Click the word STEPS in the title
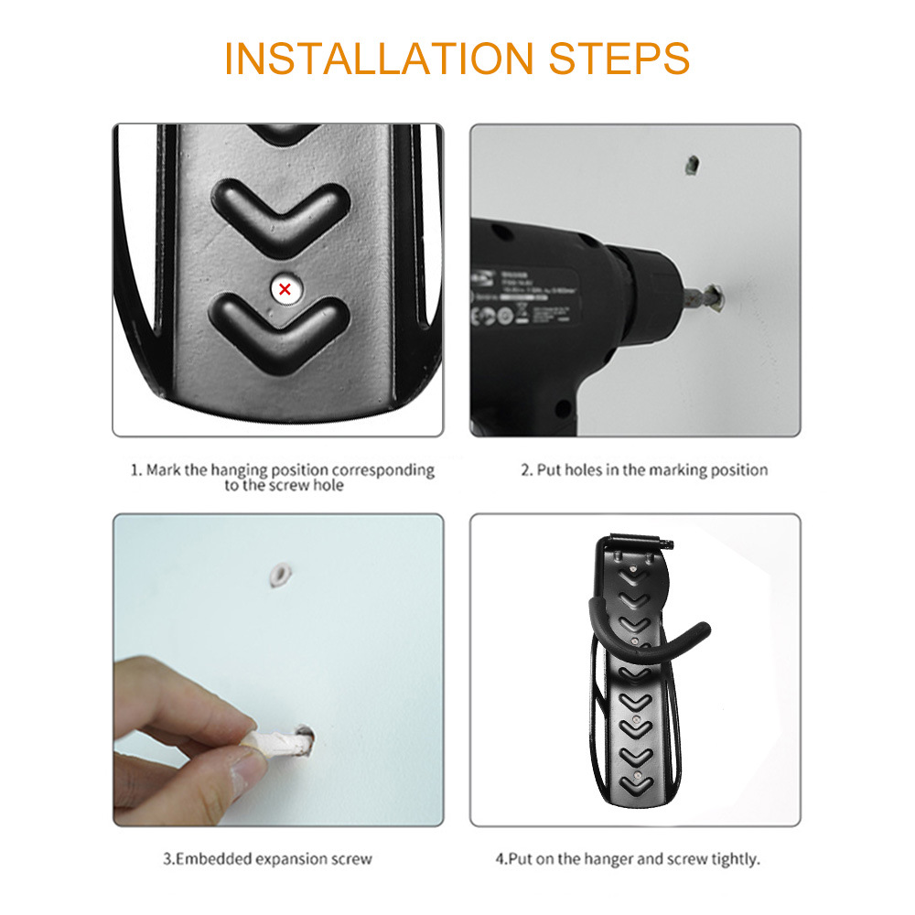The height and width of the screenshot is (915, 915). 619,58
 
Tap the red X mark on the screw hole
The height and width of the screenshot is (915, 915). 285,289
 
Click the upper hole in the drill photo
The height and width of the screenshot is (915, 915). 692,166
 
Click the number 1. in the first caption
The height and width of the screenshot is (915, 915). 135,470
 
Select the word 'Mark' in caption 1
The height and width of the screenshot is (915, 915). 163,470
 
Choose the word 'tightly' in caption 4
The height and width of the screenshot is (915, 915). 737,859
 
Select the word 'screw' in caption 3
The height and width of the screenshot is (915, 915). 352,859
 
